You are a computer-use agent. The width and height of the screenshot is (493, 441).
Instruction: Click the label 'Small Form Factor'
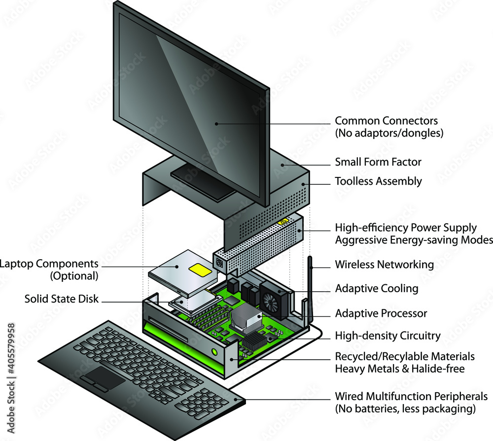click(378, 162)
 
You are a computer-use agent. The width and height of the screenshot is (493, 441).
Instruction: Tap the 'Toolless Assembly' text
click(378, 181)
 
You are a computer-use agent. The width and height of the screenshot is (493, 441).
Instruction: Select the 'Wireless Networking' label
click(384, 265)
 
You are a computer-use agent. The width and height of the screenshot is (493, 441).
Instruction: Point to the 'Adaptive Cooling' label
click(376, 288)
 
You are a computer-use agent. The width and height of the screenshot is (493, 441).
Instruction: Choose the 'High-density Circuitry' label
click(387, 336)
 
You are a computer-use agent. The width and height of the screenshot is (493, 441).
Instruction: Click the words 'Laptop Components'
click(49, 264)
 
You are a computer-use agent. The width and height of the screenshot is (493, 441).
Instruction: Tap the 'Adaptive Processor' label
click(381, 313)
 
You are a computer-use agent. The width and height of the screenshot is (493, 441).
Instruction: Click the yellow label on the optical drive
click(198, 270)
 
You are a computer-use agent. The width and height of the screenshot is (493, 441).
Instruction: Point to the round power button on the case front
click(215, 352)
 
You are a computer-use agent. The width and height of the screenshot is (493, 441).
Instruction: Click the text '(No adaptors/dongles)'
click(389, 133)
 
